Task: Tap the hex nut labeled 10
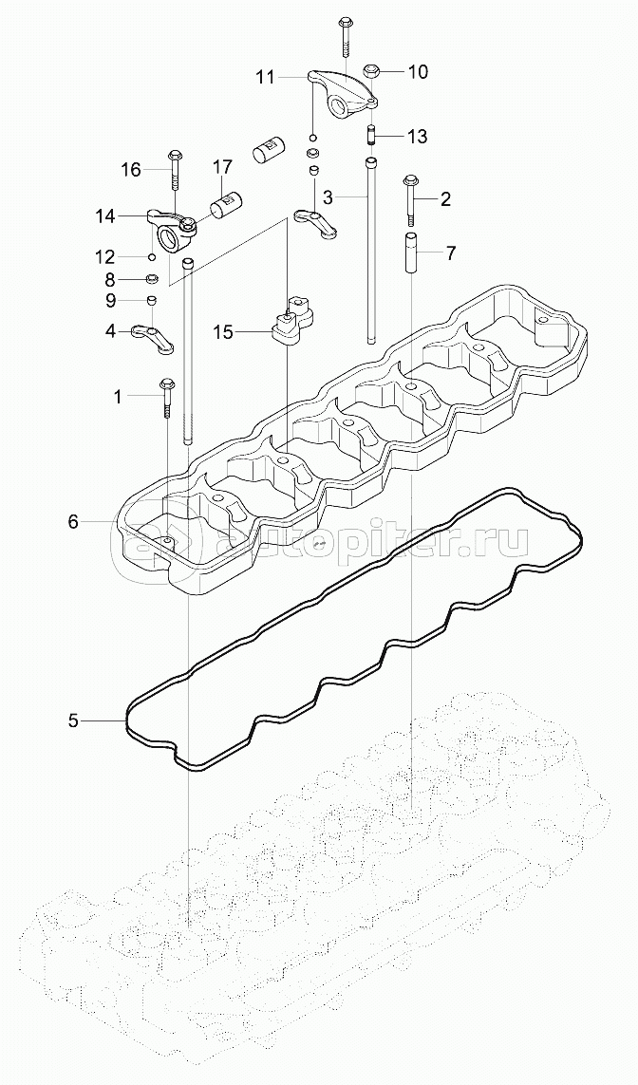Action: (x=373, y=71)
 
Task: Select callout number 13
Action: (x=418, y=137)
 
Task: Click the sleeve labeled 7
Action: (x=413, y=253)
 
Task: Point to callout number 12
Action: (x=104, y=256)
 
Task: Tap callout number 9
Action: (x=110, y=301)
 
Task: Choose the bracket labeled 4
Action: (x=154, y=338)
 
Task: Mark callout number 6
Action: (x=72, y=521)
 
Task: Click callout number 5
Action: (x=73, y=721)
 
